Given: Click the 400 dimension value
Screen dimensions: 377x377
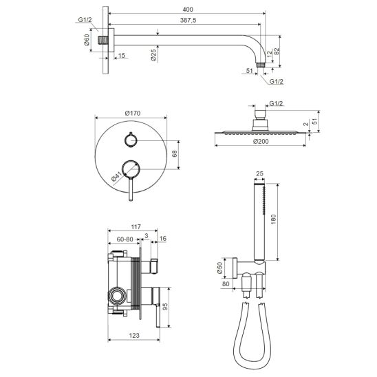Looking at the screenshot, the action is [188, 10].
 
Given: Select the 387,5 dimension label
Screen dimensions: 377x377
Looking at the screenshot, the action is [188, 20].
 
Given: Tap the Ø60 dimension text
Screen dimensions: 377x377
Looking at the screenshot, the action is [87, 40].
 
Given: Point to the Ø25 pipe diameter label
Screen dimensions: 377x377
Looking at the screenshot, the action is [153, 55].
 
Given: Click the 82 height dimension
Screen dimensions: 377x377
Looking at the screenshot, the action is [277, 51].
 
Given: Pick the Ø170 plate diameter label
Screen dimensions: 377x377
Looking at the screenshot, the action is [133, 113].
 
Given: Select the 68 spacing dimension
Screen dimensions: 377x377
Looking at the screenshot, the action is [175, 153].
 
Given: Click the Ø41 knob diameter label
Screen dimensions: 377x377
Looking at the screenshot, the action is [117, 177].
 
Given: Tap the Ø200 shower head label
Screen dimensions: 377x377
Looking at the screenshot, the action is [261, 142].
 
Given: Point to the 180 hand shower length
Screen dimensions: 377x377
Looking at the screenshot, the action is [273, 219].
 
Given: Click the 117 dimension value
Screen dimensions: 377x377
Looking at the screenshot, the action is [136, 227].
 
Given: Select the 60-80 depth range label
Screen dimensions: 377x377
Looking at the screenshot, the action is [125, 239].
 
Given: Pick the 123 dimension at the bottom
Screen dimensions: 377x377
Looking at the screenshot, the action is [134, 335].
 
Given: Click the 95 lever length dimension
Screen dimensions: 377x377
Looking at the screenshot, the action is [165, 307].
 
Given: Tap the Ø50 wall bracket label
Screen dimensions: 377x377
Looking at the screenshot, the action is [219, 268].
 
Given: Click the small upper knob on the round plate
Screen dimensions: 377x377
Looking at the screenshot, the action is [131, 140].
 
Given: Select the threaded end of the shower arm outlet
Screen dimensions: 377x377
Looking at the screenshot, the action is [260, 65].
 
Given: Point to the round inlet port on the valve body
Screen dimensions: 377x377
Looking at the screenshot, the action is [117, 296].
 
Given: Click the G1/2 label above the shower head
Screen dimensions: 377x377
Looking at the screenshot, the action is [276, 103].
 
